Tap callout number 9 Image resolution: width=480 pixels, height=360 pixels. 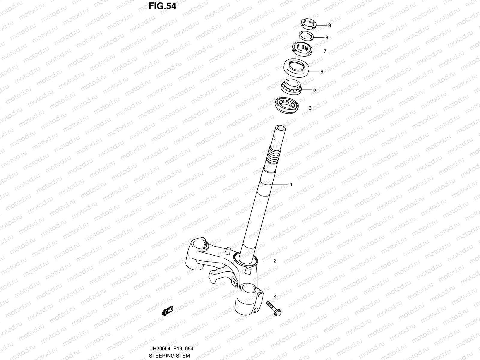[x=329, y=25]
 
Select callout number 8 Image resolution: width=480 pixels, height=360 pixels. [x=327, y=37]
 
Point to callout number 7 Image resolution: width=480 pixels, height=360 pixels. [x=325, y=51]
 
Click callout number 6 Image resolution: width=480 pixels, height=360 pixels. [x=322, y=72]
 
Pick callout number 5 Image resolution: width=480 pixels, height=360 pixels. [x=314, y=90]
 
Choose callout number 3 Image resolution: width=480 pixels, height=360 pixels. [x=310, y=108]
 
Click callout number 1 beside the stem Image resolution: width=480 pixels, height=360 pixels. [x=291, y=185]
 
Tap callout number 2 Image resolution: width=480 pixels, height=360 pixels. [x=275, y=261]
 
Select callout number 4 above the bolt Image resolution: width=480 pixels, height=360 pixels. [x=275, y=297]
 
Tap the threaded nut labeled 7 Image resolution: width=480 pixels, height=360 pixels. [x=302, y=49]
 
